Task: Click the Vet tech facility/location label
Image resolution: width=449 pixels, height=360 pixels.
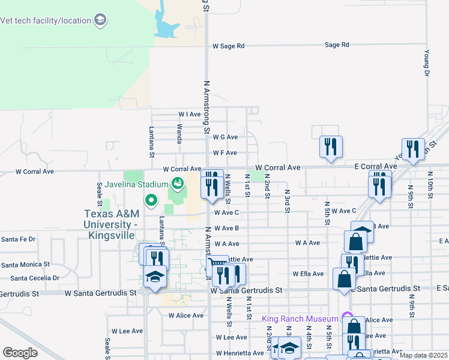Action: click(46, 20)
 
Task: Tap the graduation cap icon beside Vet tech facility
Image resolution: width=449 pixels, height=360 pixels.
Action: click(100, 20)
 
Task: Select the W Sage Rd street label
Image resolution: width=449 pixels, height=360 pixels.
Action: click(229, 46)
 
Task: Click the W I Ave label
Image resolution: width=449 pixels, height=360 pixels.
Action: click(189, 114)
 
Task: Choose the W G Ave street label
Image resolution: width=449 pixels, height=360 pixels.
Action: click(225, 137)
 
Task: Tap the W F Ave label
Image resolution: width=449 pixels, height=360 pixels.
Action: click(225, 153)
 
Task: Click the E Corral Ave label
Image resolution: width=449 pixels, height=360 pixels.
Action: click(375, 166)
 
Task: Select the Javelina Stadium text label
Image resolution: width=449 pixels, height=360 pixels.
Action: click(136, 184)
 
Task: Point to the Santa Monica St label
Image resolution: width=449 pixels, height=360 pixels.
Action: click(25, 265)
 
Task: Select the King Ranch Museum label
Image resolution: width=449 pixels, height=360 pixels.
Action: click(301, 318)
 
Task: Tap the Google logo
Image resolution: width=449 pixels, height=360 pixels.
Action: click(20, 353)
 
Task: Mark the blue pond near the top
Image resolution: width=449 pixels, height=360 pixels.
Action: click(165, 25)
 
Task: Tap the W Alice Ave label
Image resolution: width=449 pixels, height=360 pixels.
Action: click(186, 316)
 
